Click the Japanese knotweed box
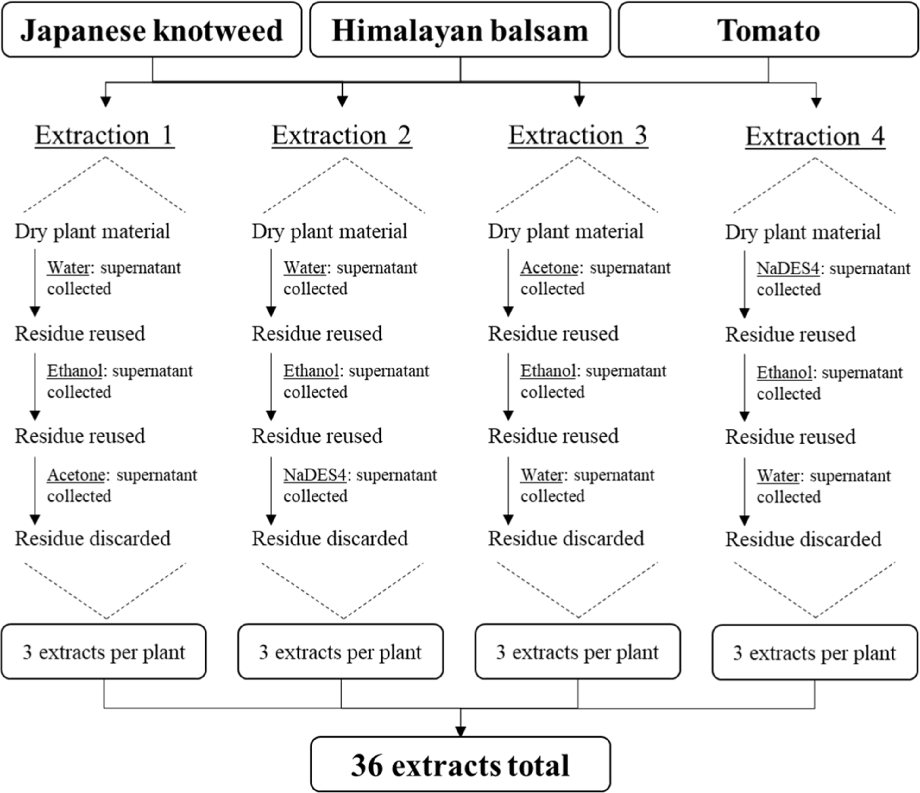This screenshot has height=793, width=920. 152,30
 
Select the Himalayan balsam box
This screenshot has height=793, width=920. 460,30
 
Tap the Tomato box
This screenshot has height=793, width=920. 769,30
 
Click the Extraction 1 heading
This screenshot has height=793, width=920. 104,135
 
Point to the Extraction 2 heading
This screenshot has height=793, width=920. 342,135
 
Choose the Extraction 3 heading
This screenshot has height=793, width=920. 578,135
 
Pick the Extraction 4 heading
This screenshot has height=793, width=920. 815,136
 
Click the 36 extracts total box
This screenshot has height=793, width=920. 460,764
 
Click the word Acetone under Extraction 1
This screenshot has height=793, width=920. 76,475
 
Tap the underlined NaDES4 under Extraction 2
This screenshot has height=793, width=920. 314,475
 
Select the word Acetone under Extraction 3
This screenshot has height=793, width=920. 550,268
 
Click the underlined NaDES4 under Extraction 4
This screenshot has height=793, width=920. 788,269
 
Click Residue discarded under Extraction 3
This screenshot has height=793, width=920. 566,538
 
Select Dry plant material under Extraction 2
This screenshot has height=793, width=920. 330,231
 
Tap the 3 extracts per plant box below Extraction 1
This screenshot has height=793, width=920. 104,651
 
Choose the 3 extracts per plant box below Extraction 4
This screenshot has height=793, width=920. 815,652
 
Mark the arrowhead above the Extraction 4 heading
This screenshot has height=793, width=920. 816,103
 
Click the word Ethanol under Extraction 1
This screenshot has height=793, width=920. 75,371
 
